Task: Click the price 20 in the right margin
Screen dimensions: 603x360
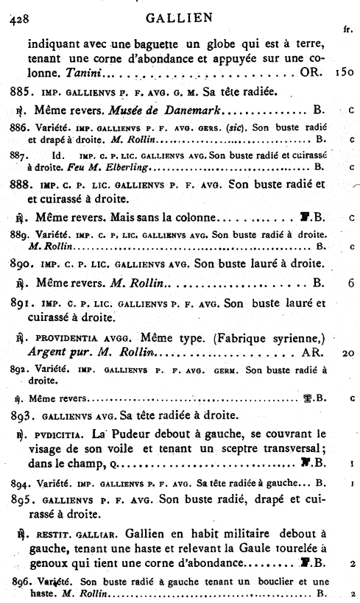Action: point(349,353)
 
